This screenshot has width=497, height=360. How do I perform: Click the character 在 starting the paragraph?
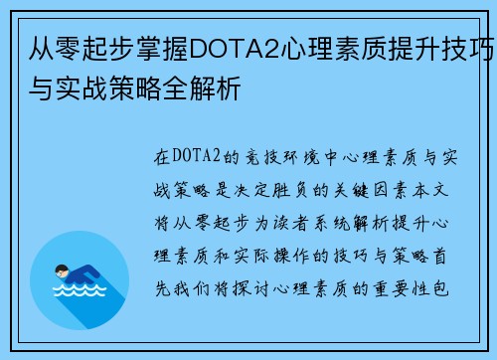(x=162, y=156)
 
